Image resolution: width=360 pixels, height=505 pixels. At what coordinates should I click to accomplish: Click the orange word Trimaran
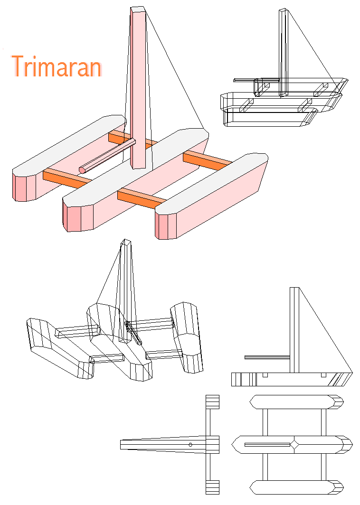(x=57, y=66)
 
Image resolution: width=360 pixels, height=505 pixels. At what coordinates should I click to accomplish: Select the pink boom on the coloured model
(x=107, y=156)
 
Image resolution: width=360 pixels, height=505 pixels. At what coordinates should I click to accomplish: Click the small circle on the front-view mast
(x=190, y=445)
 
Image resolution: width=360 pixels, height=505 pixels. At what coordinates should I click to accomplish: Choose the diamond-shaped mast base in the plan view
(x=294, y=445)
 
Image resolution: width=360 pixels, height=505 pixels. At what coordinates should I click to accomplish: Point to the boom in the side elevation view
(x=267, y=357)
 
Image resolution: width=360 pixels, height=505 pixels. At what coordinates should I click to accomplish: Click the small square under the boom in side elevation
(x=265, y=375)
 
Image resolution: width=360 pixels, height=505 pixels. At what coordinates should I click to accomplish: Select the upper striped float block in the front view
(x=212, y=402)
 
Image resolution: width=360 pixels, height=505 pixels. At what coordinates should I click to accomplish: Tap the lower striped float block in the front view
(x=212, y=487)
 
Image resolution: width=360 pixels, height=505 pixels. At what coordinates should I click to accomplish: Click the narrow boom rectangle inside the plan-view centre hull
(x=267, y=445)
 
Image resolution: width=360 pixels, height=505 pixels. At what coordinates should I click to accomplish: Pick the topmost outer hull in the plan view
(x=296, y=402)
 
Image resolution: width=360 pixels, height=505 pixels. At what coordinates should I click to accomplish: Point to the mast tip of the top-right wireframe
(x=283, y=10)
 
